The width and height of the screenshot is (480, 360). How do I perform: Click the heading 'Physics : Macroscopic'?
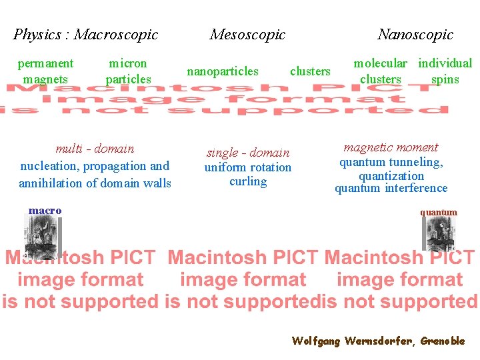pyautogui.click(x=86, y=34)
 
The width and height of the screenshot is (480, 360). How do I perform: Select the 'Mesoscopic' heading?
pyautogui.click(x=247, y=34)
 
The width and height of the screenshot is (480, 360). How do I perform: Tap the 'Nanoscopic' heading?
pyautogui.click(x=415, y=34)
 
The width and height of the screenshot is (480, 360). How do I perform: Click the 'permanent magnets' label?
pyautogui.click(x=45, y=71)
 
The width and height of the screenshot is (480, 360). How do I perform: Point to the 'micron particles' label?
pyautogui.click(x=128, y=71)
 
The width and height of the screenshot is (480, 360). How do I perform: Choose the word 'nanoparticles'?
pyautogui.click(x=223, y=71)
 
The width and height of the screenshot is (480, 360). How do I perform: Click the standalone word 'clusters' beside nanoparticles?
pyautogui.click(x=310, y=71)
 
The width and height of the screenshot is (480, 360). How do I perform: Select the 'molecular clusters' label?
pyautogui.click(x=380, y=71)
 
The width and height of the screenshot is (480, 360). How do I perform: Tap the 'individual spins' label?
pyautogui.click(x=445, y=71)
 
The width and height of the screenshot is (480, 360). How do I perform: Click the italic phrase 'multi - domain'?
pyautogui.click(x=95, y=149)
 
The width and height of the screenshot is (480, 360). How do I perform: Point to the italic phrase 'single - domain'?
pyautogui.click(x=248, y=153)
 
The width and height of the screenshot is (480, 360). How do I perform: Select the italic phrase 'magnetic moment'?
pyautogui.click(x=391, y=147)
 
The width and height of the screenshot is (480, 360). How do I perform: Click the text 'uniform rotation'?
pyautogui.click(x=248, y=167)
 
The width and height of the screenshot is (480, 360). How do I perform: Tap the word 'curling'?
pyautogui.click(x=248, y=181)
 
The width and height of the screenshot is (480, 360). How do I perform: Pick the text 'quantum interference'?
pyautogui.click(x=391, y=189)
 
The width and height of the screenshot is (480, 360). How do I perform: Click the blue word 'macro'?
pyautogui.click(x=45, y=211)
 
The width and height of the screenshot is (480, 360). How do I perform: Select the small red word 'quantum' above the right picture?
pyautogui.click(x=438, y=212)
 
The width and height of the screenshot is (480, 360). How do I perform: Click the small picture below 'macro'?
pyautogui.click(x=41, y=237)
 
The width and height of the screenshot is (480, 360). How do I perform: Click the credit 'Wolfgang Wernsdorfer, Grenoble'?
pyautogui.click(x=378, y=341)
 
